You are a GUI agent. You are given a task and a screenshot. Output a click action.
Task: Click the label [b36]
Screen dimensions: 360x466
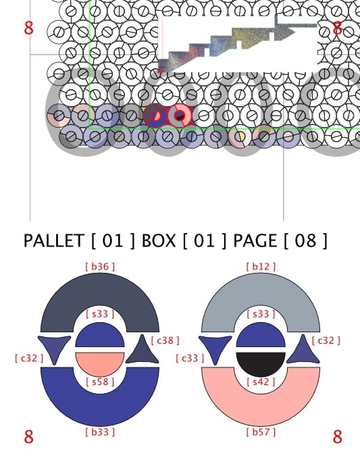click(100, 267)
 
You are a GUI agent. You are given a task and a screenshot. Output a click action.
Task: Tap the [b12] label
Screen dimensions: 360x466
click(261, 267)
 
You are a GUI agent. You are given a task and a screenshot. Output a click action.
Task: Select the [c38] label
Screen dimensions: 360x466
click(165, 340)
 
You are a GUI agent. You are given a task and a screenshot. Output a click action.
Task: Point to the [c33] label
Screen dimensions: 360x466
click(190, 358)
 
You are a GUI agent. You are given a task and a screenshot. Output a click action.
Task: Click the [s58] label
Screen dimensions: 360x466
click(100, 382)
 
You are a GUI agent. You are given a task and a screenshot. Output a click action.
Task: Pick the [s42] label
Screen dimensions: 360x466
click(261, 382)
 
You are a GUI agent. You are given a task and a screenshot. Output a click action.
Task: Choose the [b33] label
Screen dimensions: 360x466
click(100, 432)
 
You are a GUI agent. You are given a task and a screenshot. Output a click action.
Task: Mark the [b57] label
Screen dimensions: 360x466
click(261, 432)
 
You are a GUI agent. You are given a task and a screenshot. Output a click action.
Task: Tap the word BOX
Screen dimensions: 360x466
click(159, 240)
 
